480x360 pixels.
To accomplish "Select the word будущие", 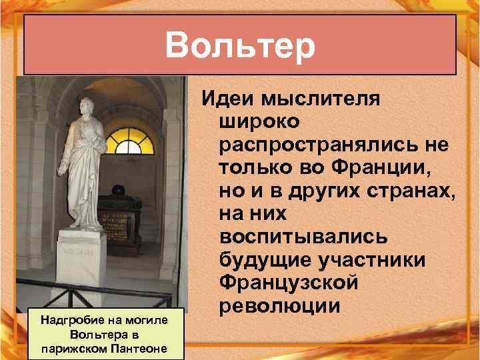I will pyautogui.click(x=259, y=261).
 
